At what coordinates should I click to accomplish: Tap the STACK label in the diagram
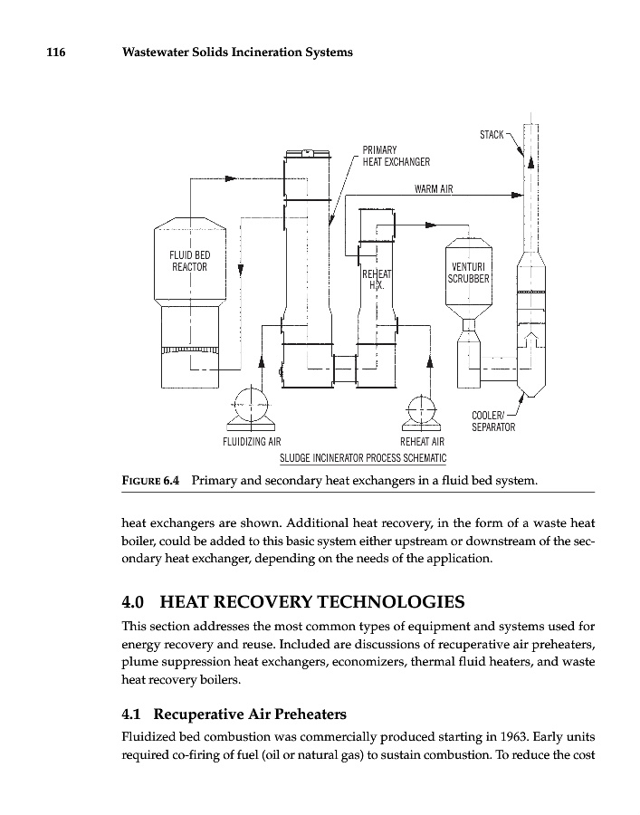pos(492,135)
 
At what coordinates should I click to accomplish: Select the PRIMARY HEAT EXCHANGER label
pos(396,156)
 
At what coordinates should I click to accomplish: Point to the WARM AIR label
pos(433,189)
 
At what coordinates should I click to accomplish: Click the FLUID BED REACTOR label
pos(190,261)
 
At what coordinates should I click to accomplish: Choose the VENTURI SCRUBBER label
pos(468,273)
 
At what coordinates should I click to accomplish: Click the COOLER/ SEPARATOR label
pos(493,421)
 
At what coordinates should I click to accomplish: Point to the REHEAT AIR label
pos(422,442)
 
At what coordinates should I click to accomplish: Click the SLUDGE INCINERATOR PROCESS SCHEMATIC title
pos(363,457)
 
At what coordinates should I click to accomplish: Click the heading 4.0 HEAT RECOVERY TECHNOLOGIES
pos(293,602)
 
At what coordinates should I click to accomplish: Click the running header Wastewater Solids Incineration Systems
pos(236,53)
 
